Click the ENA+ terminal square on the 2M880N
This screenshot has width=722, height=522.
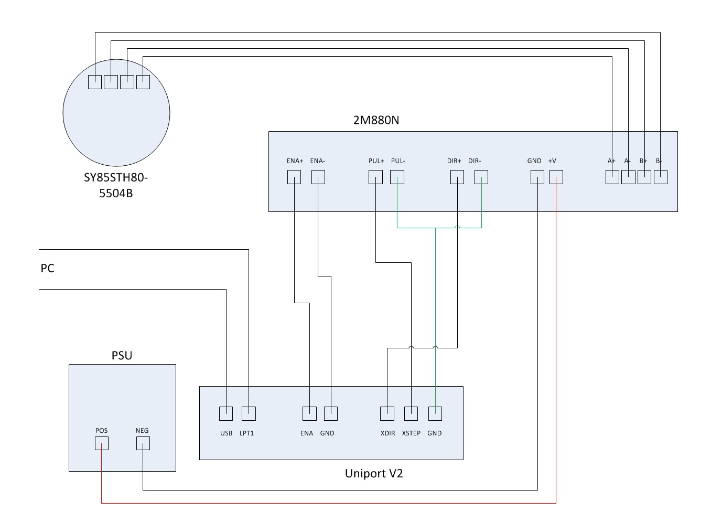(294, 177)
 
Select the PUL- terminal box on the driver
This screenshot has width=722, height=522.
(397, 177)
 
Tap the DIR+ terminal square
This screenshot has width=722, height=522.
(457, 177)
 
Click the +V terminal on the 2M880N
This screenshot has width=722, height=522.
(556, 177)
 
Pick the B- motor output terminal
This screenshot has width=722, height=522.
(661, 177)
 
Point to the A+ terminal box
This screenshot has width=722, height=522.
(612, 177)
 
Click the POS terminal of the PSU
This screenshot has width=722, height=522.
(102, 443)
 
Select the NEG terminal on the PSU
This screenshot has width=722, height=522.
(143, 443)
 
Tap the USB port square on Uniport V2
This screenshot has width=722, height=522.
(226, 413)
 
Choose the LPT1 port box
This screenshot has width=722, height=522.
(249, 413)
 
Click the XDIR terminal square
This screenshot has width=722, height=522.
(387, 413)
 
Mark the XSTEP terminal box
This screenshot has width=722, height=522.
(411, 413)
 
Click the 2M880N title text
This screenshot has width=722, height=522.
(376, 120)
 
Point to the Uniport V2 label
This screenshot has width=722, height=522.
(374, 474)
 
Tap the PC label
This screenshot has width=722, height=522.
(48, 269)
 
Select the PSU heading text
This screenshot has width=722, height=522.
(122, 356)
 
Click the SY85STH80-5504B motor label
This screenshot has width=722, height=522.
(116, 185)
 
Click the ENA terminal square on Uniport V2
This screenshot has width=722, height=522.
(309, 413)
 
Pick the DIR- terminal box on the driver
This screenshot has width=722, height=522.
(481, 177)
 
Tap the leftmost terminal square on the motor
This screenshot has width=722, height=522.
(95, 82)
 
